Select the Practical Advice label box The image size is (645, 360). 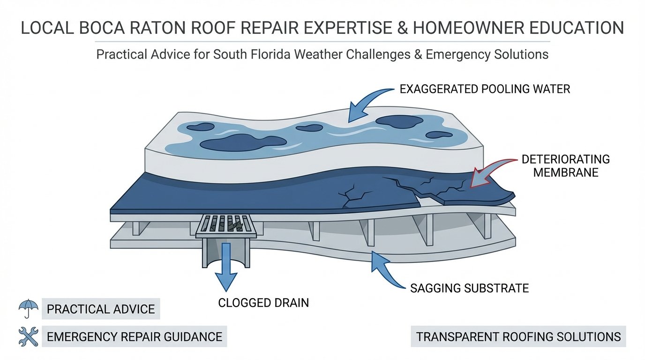pyautogui.click(x=101, y=309)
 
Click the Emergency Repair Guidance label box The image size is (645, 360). pyautogui.click(x=135, y=336)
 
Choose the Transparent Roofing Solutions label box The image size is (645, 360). pyautogui.click(x=518, y=336)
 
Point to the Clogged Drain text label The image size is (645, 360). pyautogui.click(x=263, y=303)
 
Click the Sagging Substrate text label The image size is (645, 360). pyautogui.click(x=469, y=288)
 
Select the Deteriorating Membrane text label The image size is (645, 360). pyautogui.click(x=565, y=165)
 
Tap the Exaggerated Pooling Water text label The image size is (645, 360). pyautogui.click(x=485, y=89)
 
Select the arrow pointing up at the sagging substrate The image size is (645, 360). pyautogui.click(x=384, y=270)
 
